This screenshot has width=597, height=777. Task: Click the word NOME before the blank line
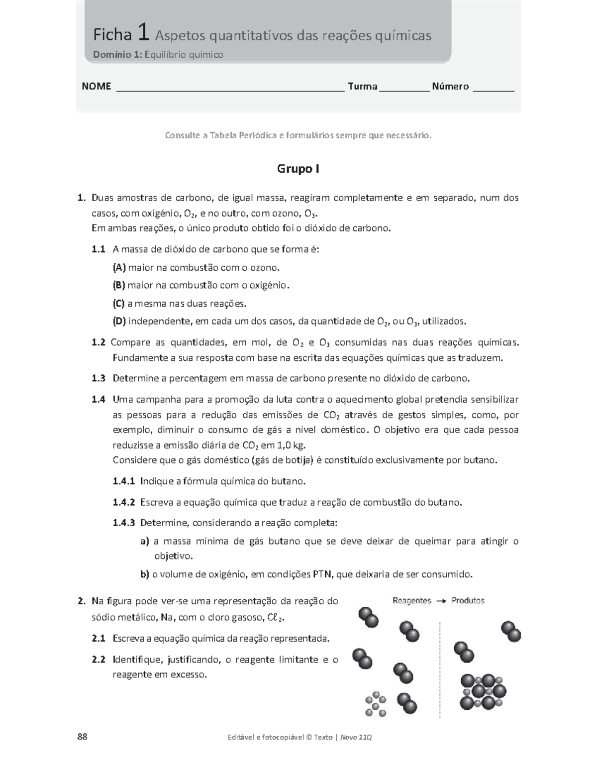click(x=96, y=87)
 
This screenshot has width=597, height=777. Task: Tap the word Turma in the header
click(x=362, y=87)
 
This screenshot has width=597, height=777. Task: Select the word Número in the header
click(x=450, y=87)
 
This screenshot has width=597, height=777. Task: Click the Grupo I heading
click(x=298, y=169)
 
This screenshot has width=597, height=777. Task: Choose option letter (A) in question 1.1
click(x=119, y=268)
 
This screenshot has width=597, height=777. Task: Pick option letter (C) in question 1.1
click(x=118, y=303)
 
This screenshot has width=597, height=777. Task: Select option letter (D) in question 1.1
click(x=119, y=321)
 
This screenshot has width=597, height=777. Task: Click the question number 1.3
click(x=99, y=378)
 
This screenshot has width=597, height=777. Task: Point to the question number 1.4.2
click(x=124, y=502)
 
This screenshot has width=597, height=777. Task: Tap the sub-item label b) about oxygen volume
click(x=145, y=574)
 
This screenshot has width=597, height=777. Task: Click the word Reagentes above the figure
click(x=411, y=601)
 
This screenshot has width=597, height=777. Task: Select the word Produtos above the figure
click(x=468, y=601)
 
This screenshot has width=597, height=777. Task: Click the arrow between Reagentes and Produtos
click(x=441, y=601)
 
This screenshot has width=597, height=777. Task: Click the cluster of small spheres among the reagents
click(x=376, y=704)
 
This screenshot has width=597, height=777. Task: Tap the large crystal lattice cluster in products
click(x=483, y=691)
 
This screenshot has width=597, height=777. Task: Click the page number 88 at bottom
click(x=82, y=737)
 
